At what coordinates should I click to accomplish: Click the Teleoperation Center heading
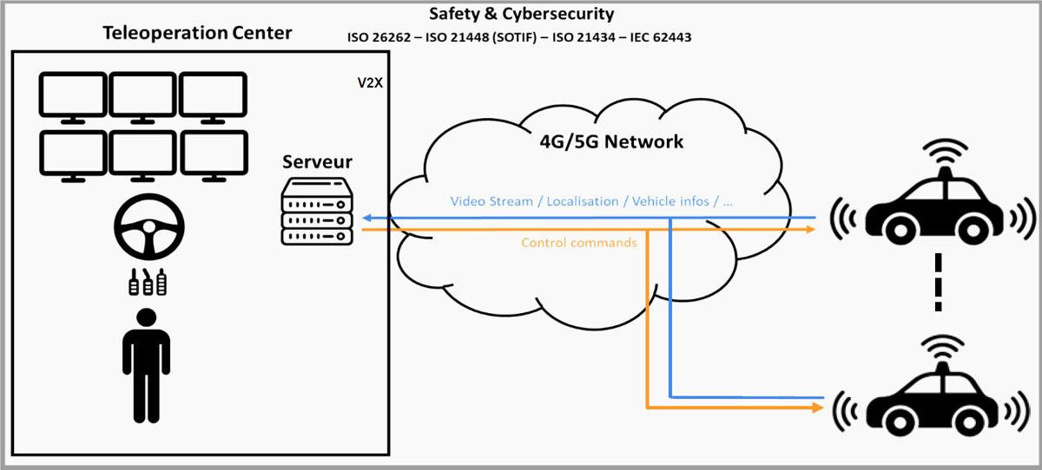[197, 34]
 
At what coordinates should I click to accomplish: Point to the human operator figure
[146, 364]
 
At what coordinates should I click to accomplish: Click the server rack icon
[317, 212]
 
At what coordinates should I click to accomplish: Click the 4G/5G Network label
[611, 140]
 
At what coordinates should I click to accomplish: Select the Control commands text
[578, 243]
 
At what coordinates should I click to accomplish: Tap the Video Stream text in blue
[491, 201]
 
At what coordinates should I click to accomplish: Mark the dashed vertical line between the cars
[937, 282]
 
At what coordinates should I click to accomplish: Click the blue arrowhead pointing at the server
[367, 217]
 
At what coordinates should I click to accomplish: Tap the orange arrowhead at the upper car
[810, 229]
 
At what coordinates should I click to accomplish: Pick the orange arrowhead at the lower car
[817, 407]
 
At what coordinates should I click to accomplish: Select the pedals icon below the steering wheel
[148, 283]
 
